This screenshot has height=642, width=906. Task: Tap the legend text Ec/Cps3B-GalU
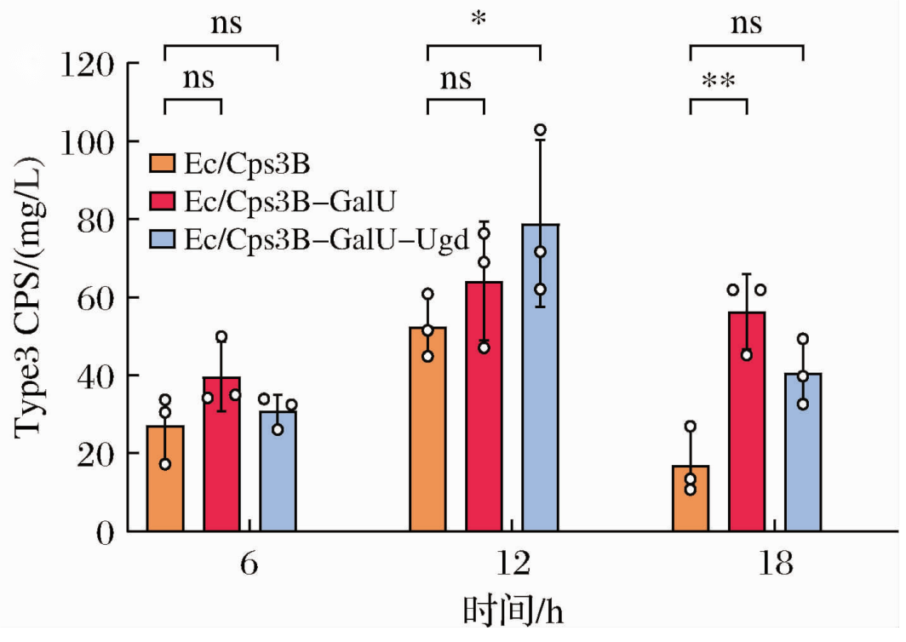290,201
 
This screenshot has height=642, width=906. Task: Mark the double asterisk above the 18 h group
719,83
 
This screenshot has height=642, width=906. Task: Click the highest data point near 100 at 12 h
540,130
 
